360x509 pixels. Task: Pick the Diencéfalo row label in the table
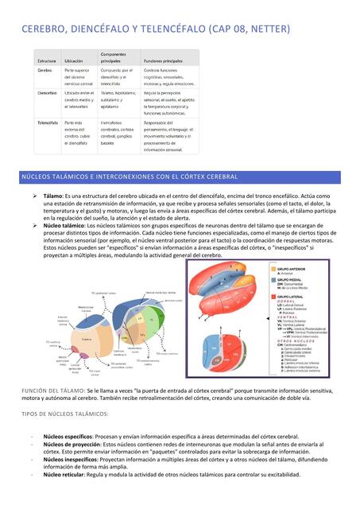(x=47, y=93)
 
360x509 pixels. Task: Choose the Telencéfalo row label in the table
(x=48, y=123)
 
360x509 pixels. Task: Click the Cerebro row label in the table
(x=45, y=71)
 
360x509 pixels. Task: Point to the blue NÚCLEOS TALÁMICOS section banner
(x=180, y=177)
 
